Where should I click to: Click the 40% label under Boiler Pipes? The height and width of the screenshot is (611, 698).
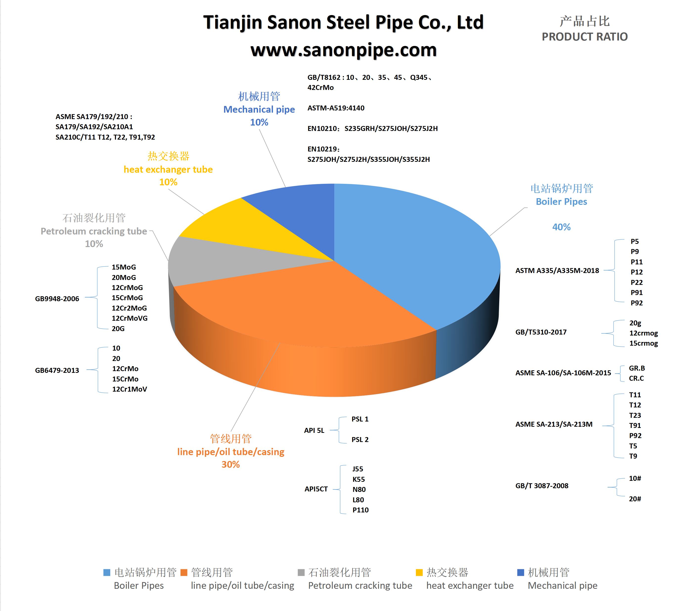[x=561, y=227]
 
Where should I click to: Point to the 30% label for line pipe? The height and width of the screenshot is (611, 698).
[x=231, y=464]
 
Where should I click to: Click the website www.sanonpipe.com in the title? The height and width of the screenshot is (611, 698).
[x=343, y=50]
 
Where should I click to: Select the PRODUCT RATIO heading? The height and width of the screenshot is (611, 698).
[x=585, y=37]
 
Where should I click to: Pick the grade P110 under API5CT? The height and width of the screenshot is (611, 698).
[x=360, y=510]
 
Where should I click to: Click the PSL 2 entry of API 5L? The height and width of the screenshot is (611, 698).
[x=360, y=440]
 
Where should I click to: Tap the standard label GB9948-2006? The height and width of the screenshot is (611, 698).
[x=57, y=299]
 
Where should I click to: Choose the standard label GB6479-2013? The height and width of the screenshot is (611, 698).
[x=57, y=370]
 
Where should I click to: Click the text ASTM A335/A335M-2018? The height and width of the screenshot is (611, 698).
[x=557, y=271]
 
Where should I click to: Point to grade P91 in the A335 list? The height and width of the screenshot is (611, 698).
[x=636, y=293]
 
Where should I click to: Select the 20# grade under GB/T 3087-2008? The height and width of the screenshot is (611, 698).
[x=634, y=499]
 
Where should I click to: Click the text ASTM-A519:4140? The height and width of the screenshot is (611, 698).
[x=336, y=108]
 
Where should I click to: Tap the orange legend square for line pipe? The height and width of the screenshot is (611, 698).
[x=184, y=572]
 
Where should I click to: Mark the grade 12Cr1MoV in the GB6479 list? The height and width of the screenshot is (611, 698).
[x=129, y=389]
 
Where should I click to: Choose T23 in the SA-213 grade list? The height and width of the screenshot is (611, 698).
[x=635, y=415]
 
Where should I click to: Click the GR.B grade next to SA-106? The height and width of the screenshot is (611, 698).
[x=637, y=368]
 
